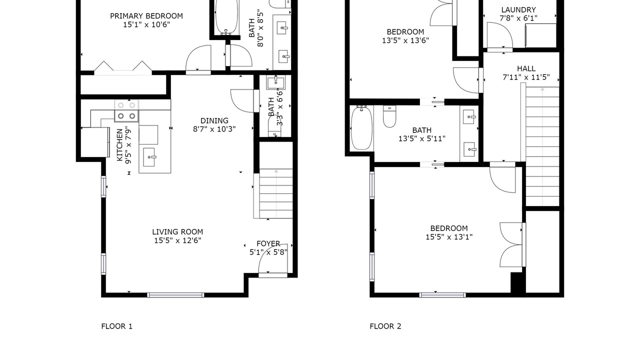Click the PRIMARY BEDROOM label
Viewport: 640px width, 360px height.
click(146, 16)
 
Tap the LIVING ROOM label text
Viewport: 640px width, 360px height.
click(177, 231)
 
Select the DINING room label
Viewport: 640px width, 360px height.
click(214, 120)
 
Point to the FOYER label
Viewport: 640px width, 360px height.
click(268, 243)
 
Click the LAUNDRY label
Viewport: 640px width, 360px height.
click(518, 9)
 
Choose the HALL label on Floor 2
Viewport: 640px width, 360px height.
click(526, 68)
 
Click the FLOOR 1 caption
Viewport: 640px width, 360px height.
click(117, 326)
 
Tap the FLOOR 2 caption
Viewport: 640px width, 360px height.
click(385, 326)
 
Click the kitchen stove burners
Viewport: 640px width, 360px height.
click(126, 111)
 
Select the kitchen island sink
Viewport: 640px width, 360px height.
click(149, 157)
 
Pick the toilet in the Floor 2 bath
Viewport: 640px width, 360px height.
click(389, 116)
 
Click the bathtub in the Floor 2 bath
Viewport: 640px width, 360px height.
click(361, 127)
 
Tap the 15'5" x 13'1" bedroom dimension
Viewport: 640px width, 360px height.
click(449, 237)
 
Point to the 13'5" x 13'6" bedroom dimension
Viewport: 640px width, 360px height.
click(405, 40)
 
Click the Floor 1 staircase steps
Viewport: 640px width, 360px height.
click(276, 193)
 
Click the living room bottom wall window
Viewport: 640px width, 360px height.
click(175, 295)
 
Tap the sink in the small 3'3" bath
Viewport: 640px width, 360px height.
click(275, 82)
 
